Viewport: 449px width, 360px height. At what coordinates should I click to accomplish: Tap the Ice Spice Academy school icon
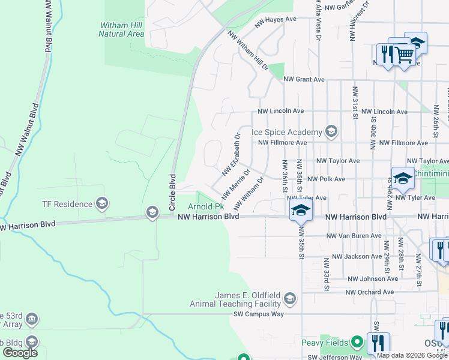pyautogui.click(x=331, y=131)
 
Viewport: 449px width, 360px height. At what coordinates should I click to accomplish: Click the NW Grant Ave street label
pyautogui.click(x=304, y=79)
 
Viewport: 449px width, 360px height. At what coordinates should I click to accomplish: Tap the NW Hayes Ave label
pyautogui.click(x=277, y=19)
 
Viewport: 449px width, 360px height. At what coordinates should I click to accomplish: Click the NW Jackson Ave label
pyautogui.click(x=357, y=256)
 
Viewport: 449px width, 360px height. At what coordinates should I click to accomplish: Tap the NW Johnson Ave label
pyautogui.click(x=373, y=278)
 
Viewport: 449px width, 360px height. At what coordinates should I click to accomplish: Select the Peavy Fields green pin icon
pyautogui.click(x=358, y=343)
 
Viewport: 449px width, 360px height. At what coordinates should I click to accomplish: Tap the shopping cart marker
pyautogui.click(x=404, y=55)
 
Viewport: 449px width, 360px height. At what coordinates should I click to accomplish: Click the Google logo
pyautogui.click(x=20, y=353)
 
